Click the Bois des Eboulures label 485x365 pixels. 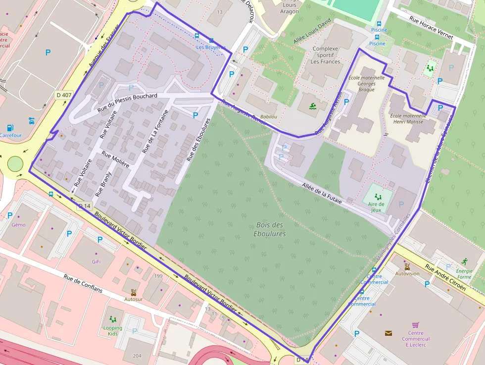pos(271,229)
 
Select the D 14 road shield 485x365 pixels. pos(85,206)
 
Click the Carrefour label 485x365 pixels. pos(10,135)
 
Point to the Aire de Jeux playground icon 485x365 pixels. pos(378,197)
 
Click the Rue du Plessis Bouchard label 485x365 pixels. pos(128,101)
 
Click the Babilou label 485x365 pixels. pos(269,116)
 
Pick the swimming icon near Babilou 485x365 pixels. pos(313,106)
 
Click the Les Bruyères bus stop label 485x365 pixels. pos(210,48)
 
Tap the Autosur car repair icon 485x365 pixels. pos(134,292)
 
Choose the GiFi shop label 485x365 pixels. pos(96,261)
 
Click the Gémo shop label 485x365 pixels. pos(18,225)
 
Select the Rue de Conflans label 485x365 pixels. pos(83,283)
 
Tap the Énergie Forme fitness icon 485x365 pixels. pos(464,261)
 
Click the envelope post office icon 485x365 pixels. pos(388,333)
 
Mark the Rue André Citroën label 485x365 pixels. pos(445,278)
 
